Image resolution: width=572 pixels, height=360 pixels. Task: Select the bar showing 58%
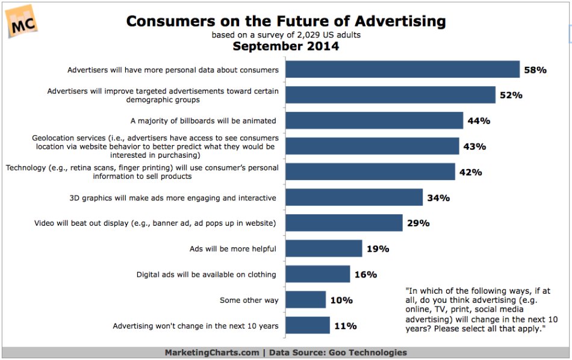(402, 69)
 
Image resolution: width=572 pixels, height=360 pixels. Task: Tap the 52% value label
(510, 95)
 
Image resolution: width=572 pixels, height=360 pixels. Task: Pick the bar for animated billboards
(374, 120)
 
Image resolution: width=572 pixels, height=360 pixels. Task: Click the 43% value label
(474, 146)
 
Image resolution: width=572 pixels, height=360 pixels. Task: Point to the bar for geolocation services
(372, 146)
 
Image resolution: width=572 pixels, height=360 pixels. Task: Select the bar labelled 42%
(370, 172)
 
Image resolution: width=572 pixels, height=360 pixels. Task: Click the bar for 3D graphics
(354, 197)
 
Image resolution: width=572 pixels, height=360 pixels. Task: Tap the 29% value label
(418, 223)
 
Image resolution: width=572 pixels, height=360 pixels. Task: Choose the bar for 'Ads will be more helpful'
(324, 249)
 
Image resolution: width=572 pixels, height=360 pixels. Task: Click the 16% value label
(365, 275)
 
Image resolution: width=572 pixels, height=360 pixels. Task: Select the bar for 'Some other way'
(306, 300)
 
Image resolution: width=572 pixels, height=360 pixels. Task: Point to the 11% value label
(345, 326)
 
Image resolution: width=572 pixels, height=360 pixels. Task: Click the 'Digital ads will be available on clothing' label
(207, 275)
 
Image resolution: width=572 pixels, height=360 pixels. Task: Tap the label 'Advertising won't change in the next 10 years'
(196, 326)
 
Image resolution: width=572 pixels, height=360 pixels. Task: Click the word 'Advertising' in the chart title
(394, 22)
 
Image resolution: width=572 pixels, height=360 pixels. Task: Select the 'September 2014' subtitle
(286, 46)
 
